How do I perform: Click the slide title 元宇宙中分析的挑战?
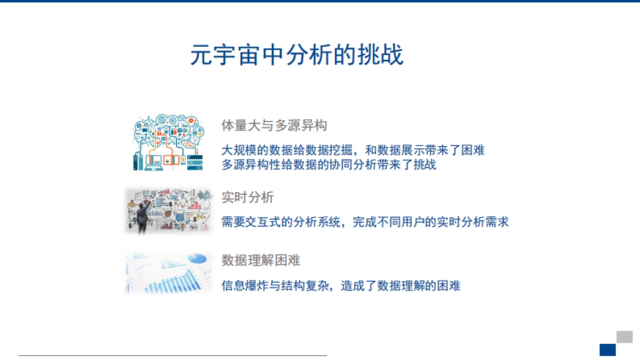[297, 55]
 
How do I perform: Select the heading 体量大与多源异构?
[274, 126]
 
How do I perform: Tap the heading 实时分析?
[247, 197]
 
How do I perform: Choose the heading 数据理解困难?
[261, 260]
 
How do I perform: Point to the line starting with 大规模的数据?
[353, 150]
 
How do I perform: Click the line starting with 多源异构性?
[329, 164]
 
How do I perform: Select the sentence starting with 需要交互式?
[365, 222]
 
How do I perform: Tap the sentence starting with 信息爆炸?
[341, 286]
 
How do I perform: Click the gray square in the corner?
[625, 337]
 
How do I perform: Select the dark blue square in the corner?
[607, 350]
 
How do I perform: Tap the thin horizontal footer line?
[172, 355]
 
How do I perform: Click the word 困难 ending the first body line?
[473, 150]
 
